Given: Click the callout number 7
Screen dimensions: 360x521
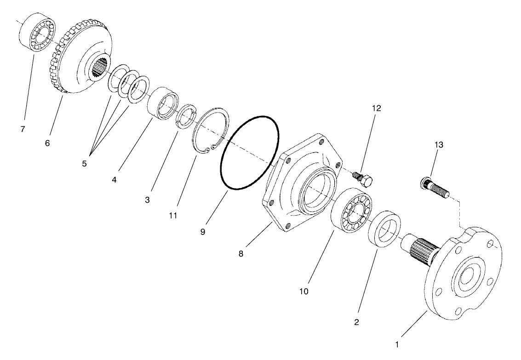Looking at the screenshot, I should (23, 129).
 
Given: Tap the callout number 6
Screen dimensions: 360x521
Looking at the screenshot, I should (47, 143).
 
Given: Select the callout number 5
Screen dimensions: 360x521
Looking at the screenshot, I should (84, 164).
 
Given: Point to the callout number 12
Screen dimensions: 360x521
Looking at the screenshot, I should (377, 109).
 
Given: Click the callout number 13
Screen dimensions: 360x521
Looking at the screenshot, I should (439, 145).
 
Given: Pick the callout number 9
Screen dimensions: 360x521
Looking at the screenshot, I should (203, 232).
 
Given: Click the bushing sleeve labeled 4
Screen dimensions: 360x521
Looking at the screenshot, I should (163, 103).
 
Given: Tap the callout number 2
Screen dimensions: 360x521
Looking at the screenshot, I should (356, 322).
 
